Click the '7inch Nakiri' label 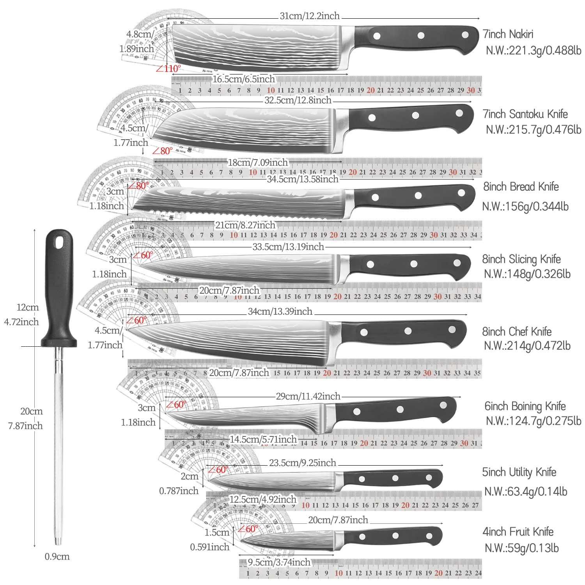508,34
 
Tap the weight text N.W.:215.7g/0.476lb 533,129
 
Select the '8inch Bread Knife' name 521,187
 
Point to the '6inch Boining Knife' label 525,406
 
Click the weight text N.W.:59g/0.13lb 521,548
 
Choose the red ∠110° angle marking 168,69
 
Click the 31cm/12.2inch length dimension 310,16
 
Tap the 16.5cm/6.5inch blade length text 244,79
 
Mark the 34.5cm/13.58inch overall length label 303,179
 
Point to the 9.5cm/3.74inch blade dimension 279,562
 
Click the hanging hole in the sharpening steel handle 59,243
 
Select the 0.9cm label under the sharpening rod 57,557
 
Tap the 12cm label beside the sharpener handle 27,307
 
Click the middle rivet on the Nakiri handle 421,35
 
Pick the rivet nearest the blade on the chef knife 364,332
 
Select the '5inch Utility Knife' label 519,472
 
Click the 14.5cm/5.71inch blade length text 263,440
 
